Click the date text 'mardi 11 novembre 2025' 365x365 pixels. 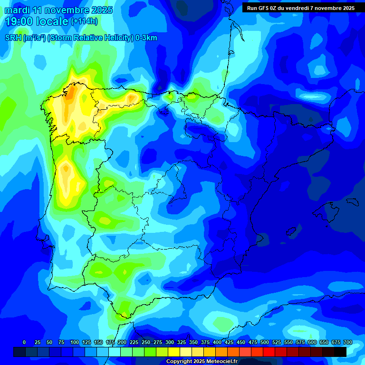click(58, 10)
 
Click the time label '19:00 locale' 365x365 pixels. click(37, 21)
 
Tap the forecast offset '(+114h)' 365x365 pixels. click(84, 21)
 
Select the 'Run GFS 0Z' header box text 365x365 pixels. click(300, 8)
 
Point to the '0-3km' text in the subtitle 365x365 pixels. click(146, 38)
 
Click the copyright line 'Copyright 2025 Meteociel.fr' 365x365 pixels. click(202, 362)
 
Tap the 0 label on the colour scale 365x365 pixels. click(24, 342)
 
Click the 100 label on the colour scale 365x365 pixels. click(75, 342)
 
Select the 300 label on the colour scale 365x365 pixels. click(170, 342)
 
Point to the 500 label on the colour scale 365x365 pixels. click(265, 342)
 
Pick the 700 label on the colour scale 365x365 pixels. click(348, 342)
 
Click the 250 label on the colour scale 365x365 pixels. click(146, 342)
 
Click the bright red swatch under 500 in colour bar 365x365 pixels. click(269, 352)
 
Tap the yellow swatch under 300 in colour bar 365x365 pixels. click(173, 352)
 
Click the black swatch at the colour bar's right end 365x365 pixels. click(340, 352)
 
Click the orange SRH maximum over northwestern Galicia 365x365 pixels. click(70, 92)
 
